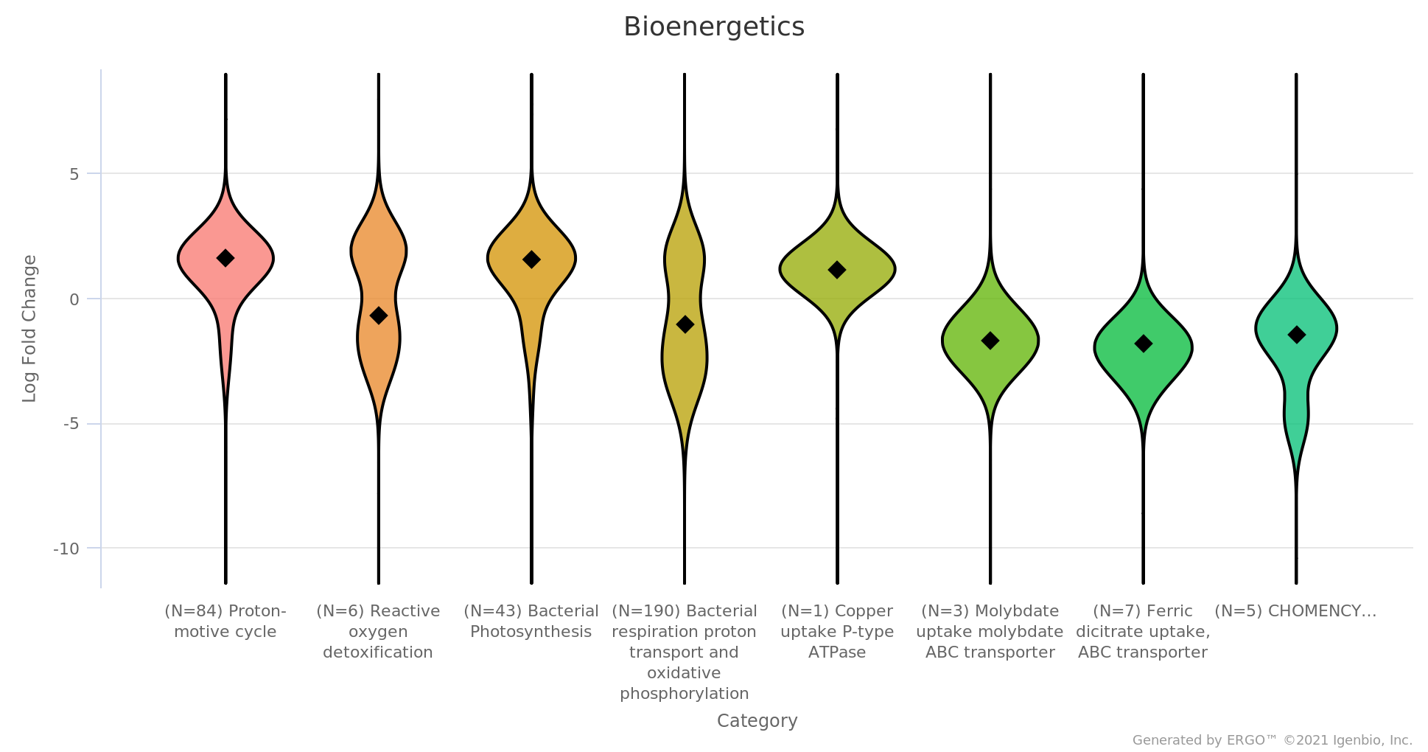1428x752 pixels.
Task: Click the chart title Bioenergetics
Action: click(713, 27)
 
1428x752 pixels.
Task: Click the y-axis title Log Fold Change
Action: click(29, 329)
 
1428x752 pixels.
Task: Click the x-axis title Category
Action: click(757, 721)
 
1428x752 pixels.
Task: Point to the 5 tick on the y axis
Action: click(74, 175)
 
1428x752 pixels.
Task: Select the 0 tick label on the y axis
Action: click(74, 299)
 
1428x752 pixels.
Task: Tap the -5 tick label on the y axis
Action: click(71, 425)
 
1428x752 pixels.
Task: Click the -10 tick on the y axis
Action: click(66, 549)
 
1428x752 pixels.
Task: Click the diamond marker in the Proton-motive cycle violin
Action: click(225, 258)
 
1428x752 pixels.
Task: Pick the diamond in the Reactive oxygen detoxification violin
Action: click(378, 316)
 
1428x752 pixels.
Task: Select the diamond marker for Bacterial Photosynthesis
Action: click(531, 260)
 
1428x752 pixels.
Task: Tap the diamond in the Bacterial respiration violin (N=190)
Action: click(685, 324)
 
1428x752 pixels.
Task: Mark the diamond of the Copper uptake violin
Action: click(837, 270)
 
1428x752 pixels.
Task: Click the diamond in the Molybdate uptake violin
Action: click(990, 341)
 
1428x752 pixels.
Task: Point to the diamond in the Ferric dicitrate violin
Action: click(1143, 344)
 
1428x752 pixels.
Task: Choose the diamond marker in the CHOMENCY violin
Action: click(1296, 335)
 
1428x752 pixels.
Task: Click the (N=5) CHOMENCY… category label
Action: click(1295, 611)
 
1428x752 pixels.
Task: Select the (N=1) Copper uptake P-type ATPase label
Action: click(837, 632)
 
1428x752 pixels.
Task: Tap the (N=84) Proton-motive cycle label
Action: click(225, 622)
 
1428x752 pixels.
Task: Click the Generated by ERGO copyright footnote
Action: click(1272, 740)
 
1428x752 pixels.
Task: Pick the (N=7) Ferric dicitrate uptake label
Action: click(1143, 632)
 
